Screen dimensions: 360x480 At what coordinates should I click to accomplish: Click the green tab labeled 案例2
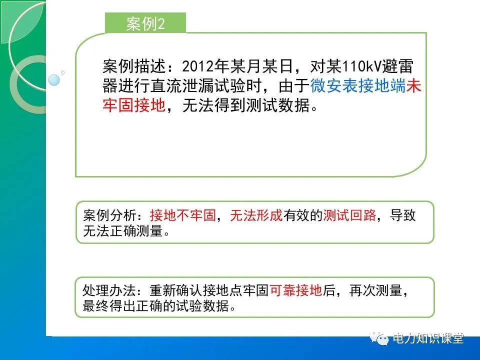(145, 23)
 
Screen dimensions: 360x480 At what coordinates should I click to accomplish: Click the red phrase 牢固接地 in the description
(133, 106)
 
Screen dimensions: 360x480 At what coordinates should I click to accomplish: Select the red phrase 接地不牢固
(182, 215)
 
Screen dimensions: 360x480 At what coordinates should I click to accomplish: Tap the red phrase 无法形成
(256, 215)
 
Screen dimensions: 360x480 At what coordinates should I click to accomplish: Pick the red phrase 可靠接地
(296, 291)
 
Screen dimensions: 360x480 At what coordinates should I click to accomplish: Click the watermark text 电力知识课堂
(428, 338)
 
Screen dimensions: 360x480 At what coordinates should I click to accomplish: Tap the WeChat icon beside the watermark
(381, 339)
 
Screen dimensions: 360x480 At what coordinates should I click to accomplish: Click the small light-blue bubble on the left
(54, 79)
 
